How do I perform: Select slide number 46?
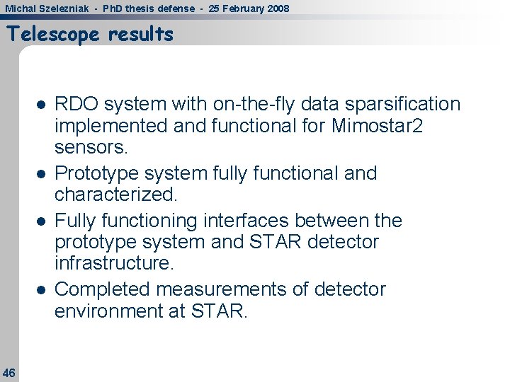coord(9,372)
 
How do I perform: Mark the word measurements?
coord(229,289)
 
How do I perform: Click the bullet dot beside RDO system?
coord(42,105)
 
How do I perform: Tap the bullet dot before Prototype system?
coord(42,173)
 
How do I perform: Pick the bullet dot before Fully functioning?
coord(42,221)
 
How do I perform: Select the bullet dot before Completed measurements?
coord(42,289)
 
